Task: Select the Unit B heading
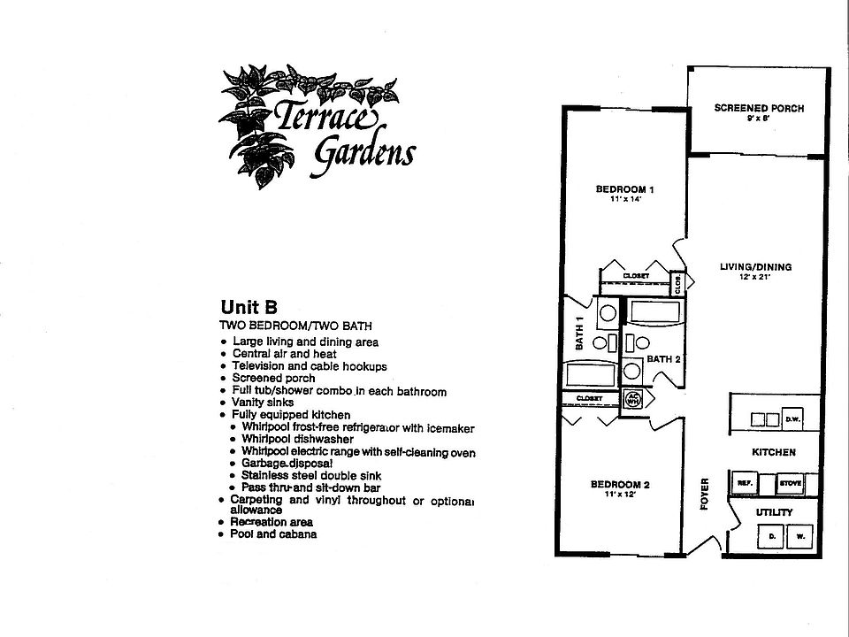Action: click(249, 308)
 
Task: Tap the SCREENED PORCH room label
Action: click(759, 109)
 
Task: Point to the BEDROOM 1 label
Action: click(624, 189)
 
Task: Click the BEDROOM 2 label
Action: click(620, 484)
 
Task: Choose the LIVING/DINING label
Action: click(755, 267)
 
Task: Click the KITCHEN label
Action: click(774, 452)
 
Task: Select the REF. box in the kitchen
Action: click(745, 483)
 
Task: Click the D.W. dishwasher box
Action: click(792, 418)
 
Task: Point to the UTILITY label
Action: click(773, 512)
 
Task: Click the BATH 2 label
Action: click(662, 359)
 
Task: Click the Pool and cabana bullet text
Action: click(273, 534)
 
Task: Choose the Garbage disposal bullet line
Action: click(287, 463)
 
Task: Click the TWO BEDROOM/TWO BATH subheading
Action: click(285, 326)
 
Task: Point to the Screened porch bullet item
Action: click(273, 378)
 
